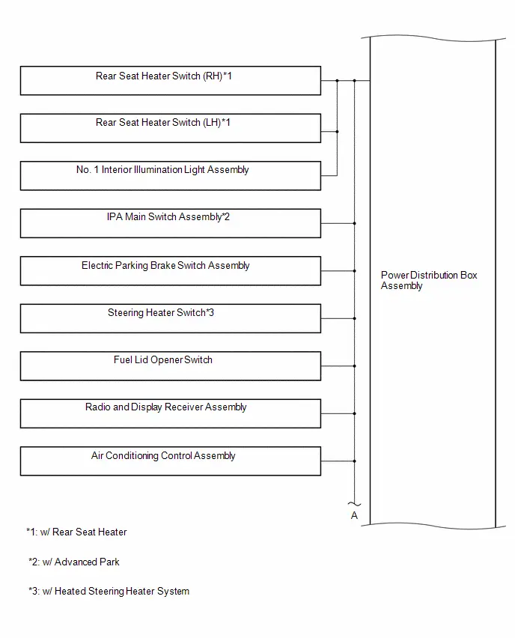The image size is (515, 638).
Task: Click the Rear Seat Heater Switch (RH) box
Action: coord(171,81)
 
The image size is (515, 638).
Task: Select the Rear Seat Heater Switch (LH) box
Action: coord(171,128)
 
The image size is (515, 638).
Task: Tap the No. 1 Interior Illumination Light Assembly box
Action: coord(171,176)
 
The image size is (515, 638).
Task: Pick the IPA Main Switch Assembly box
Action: coord(171,223)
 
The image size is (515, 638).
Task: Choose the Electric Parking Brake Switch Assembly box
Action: coord(171,271)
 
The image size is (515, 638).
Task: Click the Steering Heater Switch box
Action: coord(171,318)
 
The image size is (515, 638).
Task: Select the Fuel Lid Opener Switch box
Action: coord(171,366)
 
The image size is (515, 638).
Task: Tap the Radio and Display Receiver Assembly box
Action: coord(171,413)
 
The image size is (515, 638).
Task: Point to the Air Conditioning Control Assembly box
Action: coord(171,461)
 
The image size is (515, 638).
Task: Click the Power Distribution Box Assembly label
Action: coord(429,280)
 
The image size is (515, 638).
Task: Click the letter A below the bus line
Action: coord(354,515)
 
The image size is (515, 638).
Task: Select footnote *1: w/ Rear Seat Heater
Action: coord(76,532)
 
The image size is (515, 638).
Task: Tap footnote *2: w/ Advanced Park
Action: coord(74,562)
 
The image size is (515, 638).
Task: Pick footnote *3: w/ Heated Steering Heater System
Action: coord(109,592)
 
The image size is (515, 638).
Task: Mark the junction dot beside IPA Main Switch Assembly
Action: coord(355,223)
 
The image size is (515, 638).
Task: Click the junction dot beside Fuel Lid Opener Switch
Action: coord(355,366)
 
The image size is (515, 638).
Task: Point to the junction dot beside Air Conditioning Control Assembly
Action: coord(355,461)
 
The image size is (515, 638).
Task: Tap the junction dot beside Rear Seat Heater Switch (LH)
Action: coord(338,132)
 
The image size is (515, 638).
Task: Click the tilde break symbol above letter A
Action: coord(354,505)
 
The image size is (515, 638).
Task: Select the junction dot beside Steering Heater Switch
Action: coord(355,318)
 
